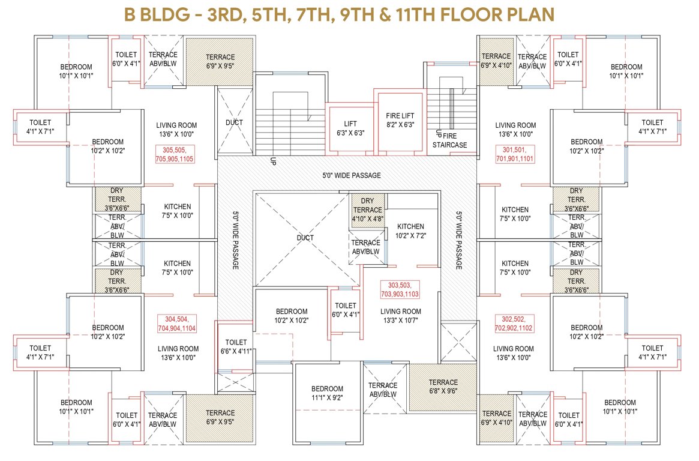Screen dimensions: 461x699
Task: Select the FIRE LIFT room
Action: point(400,120)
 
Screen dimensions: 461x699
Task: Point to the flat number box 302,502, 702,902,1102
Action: point(514,324)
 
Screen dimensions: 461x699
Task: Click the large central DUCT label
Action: point(305,238)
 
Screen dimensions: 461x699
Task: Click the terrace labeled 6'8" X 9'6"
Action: point(443,387)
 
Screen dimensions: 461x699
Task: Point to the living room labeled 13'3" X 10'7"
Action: point(400,316)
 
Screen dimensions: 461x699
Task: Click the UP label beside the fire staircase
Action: point(439,133)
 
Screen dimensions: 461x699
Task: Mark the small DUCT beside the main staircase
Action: point(234,122)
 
